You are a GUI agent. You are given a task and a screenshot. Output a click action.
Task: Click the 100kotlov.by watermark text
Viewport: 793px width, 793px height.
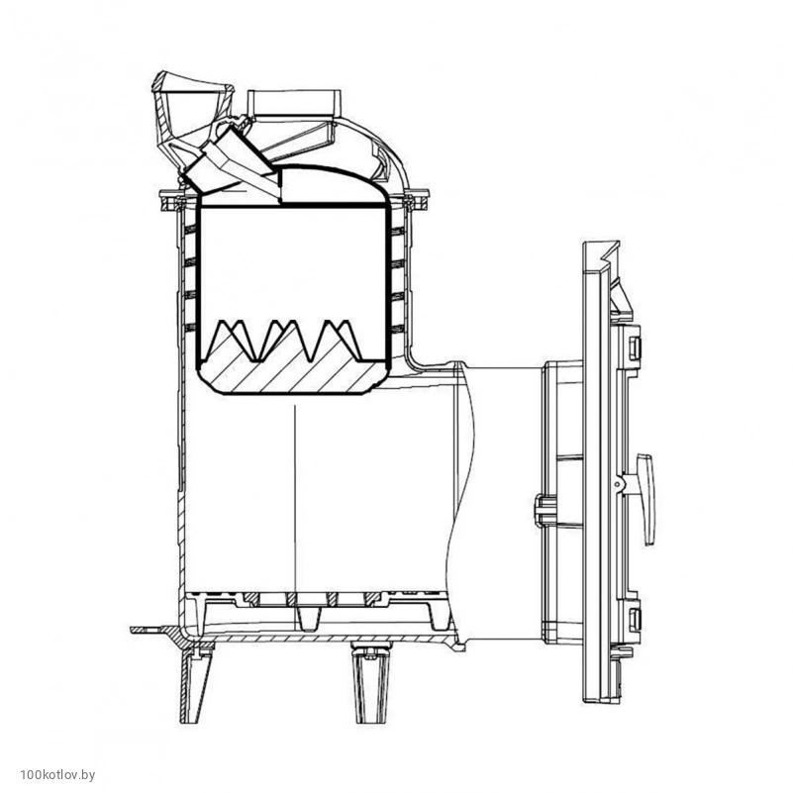[57, 775]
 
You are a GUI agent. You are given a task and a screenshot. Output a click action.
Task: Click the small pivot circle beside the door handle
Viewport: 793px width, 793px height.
[617, 484]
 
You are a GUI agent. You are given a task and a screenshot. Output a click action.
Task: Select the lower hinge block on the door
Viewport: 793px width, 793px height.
[634, 618]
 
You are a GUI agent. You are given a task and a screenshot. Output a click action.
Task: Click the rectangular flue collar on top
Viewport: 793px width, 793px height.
[294, 103]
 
